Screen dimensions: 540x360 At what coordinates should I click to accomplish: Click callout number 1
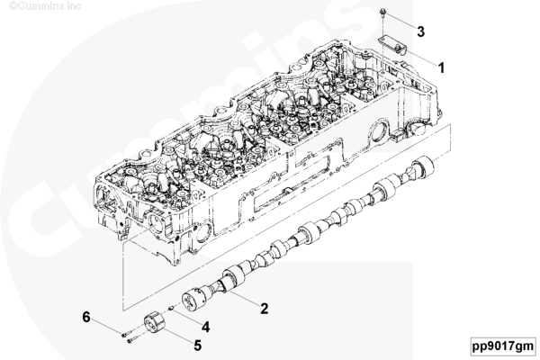[x=441, y=67]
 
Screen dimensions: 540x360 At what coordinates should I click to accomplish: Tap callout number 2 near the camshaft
[x=264, y=309]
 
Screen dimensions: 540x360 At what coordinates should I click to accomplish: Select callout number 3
[x=420, y=31]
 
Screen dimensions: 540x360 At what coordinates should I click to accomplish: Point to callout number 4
[x=205, y=327]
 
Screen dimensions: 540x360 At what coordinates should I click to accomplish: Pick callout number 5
[x=197, y=346]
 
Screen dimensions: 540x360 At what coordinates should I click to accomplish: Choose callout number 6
[x=86, y=317]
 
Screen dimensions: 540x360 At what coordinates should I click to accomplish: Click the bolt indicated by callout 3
[x=383, y=13]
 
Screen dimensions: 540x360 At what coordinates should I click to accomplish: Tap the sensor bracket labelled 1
[x=393, y=45]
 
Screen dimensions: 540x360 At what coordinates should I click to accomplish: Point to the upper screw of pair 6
[x=127, y=334]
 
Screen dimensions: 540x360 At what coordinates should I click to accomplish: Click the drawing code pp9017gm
[x=503, y=346]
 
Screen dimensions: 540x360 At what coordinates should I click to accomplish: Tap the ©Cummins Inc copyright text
[x=45, y=5]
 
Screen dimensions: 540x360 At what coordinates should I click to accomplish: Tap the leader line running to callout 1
[x=421, y=58]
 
